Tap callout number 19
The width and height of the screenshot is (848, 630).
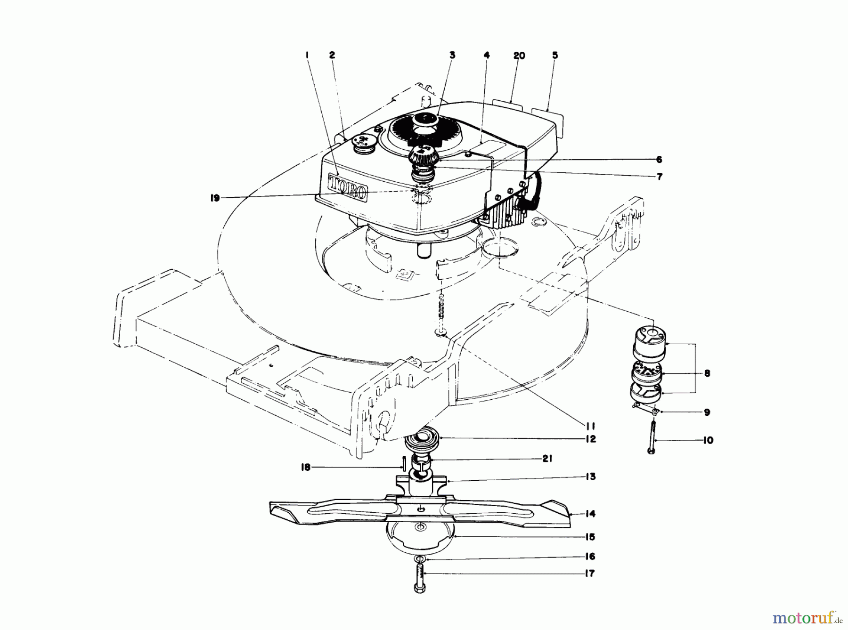pyautogui.click(x=215, y=199)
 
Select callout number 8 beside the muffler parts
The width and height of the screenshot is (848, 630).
pyautogui.click(x=707, y=373)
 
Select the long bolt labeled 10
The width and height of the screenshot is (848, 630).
pyautogui.click(x=652, y=437)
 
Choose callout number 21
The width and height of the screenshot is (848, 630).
pyautogui.click(x=546, y=459)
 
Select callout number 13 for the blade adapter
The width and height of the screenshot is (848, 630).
pyautogui.click(x=590, y=477)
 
